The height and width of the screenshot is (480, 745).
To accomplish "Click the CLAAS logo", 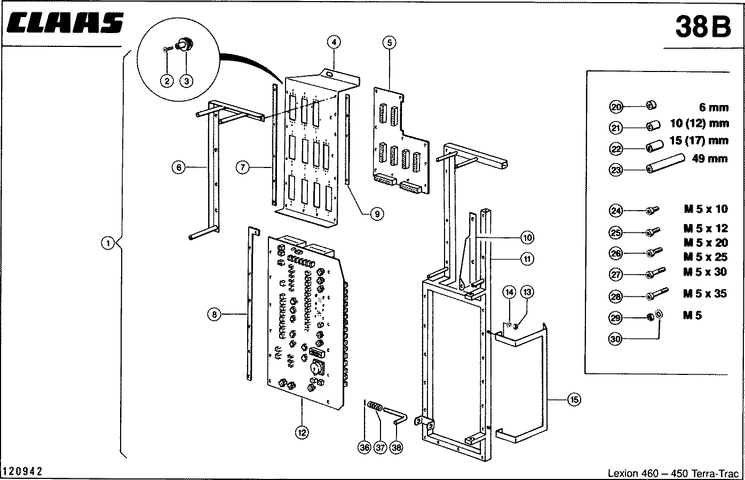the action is tap(65, 23).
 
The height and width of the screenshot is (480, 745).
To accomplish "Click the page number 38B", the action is tap(703, 26).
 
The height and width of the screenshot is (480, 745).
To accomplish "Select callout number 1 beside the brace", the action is tap(108, 243).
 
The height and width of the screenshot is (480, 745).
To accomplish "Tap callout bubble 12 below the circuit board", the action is tap(302, 433).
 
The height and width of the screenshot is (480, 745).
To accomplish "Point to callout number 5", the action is tap(389, 42).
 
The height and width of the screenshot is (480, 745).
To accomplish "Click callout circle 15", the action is tap(574, 399).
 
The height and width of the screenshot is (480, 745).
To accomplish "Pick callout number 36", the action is tap(364, 447).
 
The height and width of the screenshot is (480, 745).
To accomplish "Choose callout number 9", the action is tap(377, 214).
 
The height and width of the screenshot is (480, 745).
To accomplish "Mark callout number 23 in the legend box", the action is tap(616, 170).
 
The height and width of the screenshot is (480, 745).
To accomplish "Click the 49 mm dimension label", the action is tap(710, 158).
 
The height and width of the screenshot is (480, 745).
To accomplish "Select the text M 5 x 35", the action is tap(705, 293).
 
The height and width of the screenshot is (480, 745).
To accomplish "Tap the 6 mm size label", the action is tap(714, 107).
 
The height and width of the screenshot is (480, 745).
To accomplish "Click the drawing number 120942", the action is tap(22, 471).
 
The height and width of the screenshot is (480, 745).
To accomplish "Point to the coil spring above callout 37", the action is tap(376, 406).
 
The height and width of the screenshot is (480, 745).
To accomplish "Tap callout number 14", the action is tap(510, 292).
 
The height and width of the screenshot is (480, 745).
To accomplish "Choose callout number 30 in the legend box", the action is tap(615, 339).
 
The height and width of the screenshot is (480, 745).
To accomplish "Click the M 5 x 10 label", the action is tap(706, 209).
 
